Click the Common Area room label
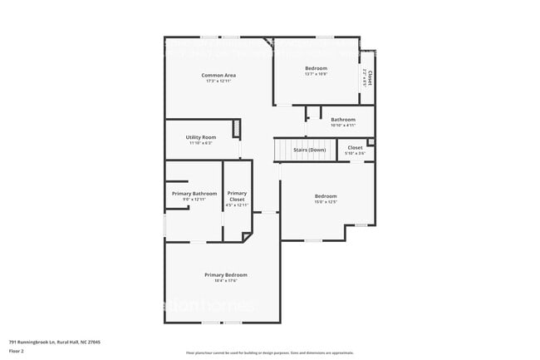coord(219,76)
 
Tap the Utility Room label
coord(201,137)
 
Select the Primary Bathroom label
coord(194,194)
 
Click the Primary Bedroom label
coord(226,274)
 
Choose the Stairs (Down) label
coord(309,150)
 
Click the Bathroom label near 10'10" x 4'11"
coord(343,120)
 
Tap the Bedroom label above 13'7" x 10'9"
coord(316,68)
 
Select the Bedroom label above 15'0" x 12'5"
coord(325,196)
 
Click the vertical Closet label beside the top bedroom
coord(370,77)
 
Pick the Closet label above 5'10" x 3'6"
coord(355,147)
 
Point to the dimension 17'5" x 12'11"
coord(219,81)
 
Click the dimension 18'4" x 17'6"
coord(226,280)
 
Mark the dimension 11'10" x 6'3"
coord(201,143)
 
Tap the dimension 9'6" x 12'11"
coord(194,200)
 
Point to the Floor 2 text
coord(17,351)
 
